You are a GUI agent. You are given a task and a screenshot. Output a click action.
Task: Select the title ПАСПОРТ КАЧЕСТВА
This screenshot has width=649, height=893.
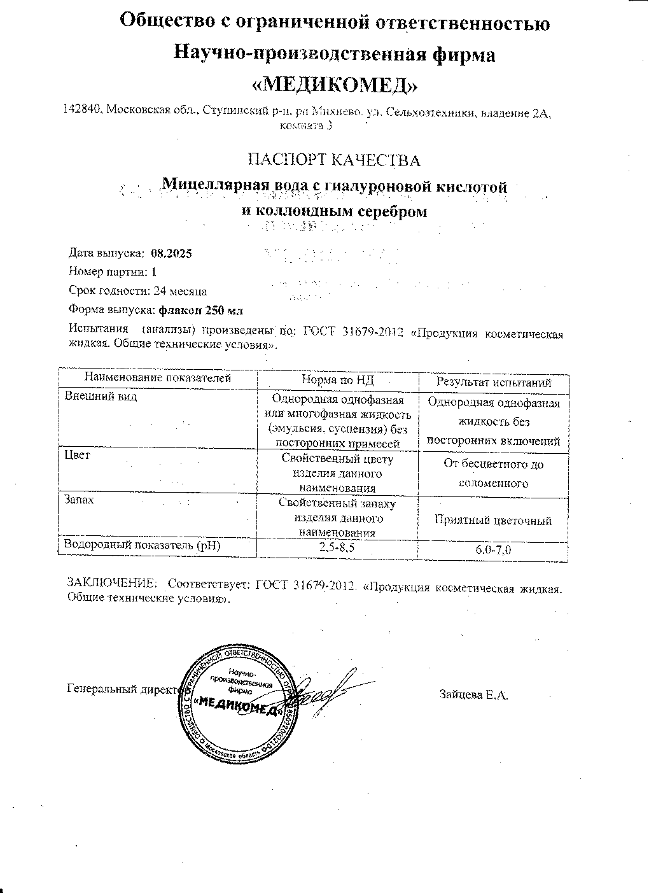(x=333, y=160)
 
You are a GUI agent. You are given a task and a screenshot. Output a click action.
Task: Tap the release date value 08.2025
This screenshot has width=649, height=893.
(x=171, y=253)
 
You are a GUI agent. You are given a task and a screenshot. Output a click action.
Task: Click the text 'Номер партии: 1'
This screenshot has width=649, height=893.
(x=112, y=272)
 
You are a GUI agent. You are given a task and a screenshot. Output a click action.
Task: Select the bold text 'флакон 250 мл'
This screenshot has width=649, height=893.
(x=200, y=311)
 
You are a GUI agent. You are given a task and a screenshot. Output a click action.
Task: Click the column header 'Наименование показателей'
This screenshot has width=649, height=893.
(x=158, y=378)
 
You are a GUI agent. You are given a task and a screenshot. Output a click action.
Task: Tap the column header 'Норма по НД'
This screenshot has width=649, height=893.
(x=338, y=380)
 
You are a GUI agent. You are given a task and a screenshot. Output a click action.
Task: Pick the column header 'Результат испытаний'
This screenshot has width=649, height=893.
(x=494, y=382)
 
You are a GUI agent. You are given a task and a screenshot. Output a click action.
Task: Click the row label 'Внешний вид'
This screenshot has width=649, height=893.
(x=101, y=397)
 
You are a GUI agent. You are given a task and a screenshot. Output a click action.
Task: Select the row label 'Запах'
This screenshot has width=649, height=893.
(x=80, y=500)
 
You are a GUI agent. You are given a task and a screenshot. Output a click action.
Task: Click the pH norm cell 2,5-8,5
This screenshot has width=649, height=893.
(x=338, y=547)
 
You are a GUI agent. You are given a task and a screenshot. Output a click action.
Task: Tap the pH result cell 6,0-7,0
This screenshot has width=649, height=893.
(x=493, y=549)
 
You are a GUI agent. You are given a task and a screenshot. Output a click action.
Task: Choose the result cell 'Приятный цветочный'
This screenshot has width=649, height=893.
(x=493, y=520)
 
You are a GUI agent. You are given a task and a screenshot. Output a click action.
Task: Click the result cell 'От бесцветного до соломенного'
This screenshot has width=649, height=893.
(x=493, y=474)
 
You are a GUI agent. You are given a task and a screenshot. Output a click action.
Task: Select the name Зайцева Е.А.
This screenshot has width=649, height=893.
(x=473, y=695)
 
